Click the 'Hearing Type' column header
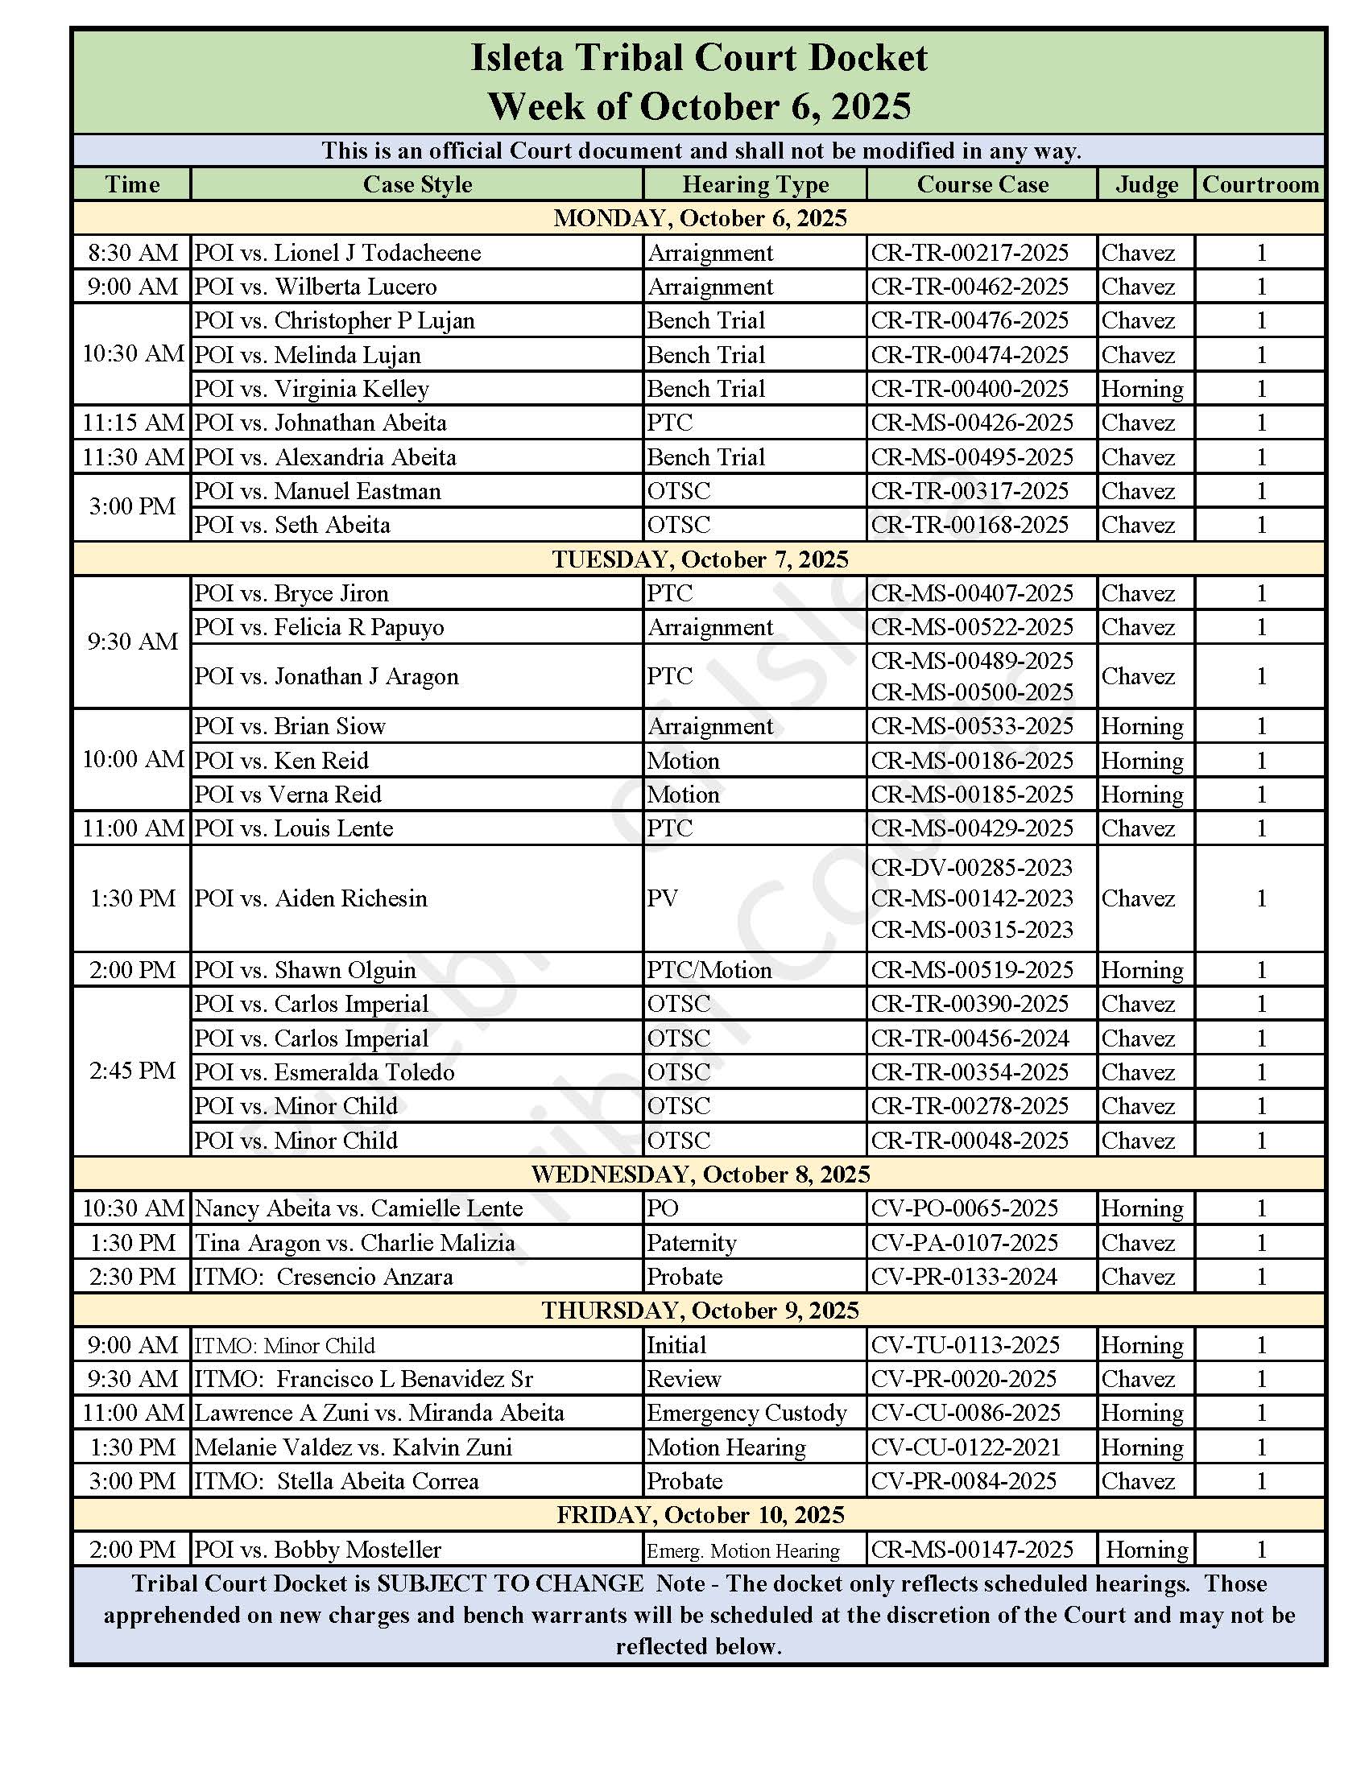point(755,185)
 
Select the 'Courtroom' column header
point(1259,185)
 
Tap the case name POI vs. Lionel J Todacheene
point(337,253)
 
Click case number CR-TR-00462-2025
point(970,287)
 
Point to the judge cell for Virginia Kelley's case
point(1142,390)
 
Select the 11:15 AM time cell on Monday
point(132,423)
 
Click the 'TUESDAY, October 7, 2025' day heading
point(700,559)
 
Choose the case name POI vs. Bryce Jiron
point(292,593)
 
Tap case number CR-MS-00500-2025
point(972,692)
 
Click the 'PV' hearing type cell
point(663,898)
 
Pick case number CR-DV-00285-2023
point(972,868)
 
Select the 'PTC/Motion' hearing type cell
point(709,970)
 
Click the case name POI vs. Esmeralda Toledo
point(325,1072)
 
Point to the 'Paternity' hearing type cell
point(692,1242)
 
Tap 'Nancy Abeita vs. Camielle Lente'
point(358,1208)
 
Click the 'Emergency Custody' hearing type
point(747,1413)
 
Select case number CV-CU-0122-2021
point(966,1447)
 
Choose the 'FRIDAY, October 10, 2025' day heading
point(700,1515)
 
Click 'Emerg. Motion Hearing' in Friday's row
point(743,1550)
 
